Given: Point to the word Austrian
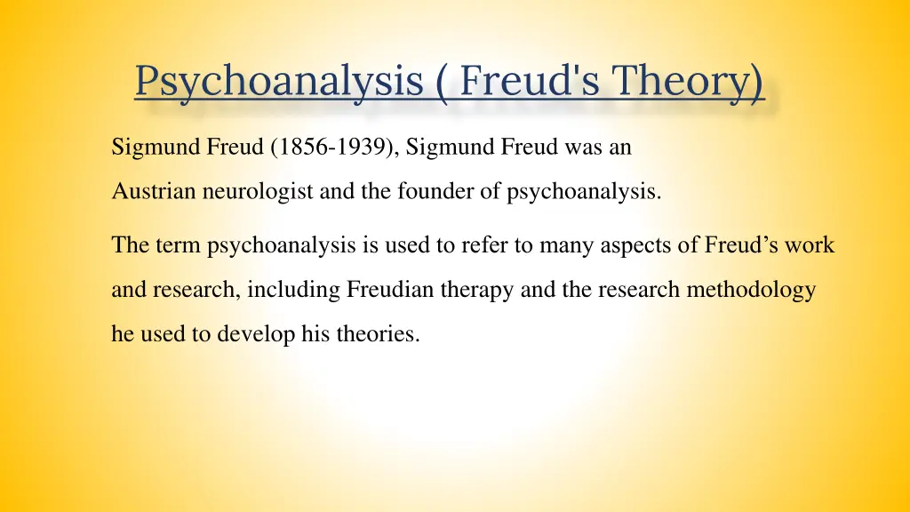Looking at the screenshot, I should click(146, 192).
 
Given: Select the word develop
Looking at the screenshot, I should click(253, 336).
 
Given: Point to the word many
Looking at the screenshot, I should click(559, 245).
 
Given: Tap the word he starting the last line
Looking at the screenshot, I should click(121, 336).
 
